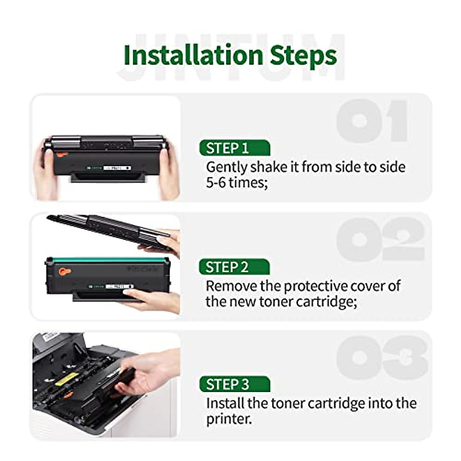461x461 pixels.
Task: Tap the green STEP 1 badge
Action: (x=234, y=148)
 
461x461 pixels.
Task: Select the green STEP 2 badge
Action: (x=234, y=267)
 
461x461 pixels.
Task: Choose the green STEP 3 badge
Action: (x=234, y=384)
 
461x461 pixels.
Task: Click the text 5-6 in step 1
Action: (x=216, y=182)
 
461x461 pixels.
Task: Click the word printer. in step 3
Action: (x=229, y=419)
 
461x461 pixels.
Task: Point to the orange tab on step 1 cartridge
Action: (x=61, y=155)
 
